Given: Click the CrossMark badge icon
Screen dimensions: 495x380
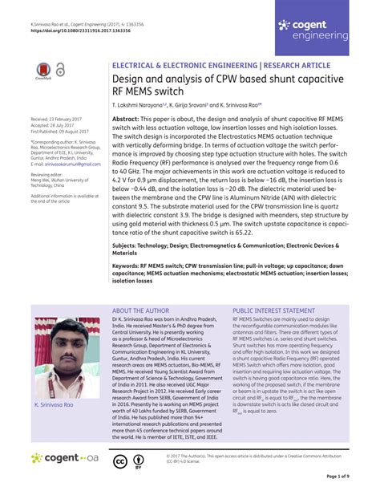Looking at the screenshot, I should tap(44, 73).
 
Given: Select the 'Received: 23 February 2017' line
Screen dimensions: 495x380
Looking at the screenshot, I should tap(59, 118).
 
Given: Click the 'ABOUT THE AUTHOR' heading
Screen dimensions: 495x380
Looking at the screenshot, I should tap(140, 310).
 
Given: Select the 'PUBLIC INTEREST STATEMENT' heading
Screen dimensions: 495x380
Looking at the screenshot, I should tap(273, 310).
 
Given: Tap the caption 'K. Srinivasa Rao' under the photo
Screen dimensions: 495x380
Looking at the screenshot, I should tap(54, 405).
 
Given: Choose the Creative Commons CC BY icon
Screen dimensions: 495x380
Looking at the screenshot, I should tap(128, 462).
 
